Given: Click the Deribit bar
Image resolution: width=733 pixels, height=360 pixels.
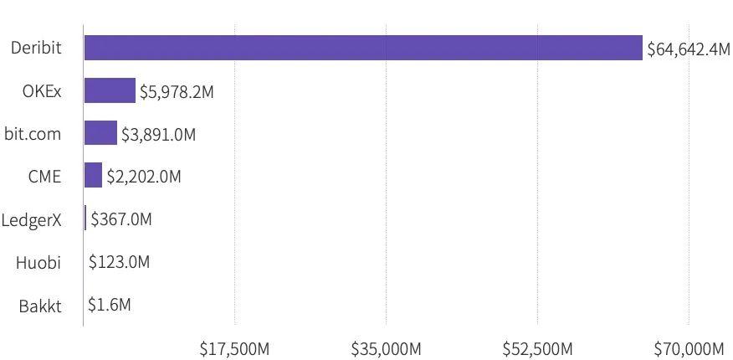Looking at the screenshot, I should tap(363, 48).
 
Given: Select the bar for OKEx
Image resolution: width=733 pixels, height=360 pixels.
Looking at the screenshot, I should tap(110, 90).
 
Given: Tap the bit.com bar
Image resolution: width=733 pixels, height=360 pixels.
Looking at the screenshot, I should tap(100, 133).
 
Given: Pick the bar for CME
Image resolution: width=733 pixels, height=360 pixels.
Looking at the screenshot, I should tap(93, 176).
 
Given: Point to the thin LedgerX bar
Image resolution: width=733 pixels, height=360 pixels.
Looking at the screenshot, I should tap(85, 219).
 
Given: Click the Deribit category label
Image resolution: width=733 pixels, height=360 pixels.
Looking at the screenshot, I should tap(36, 48).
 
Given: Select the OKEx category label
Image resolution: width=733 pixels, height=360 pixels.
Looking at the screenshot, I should tap(42, 90).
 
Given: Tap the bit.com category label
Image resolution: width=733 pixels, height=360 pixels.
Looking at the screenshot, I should tap(33, 133).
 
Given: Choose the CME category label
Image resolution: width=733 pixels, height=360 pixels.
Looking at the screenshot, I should tap(44, 176).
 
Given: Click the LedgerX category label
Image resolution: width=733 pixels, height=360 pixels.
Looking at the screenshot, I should tap(32, 219).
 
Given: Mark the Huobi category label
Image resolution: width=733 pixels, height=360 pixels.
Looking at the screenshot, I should tap(38, 262).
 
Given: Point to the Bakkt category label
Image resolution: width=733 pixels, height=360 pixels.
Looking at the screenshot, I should tap(40, 305).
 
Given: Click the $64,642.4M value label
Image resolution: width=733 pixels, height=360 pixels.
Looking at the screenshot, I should tap(688, 49).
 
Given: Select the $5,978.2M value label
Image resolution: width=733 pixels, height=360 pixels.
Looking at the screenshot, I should tap(177, 91).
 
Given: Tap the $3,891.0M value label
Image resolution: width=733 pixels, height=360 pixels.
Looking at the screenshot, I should tap(158, 134).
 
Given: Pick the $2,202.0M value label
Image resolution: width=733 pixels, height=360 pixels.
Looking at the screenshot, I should tap(143, 177).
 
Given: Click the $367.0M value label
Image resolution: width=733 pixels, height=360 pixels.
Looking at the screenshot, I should tap(121, 219).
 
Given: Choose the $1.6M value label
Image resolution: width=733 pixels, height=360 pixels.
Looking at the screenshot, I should tap(109, 305).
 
